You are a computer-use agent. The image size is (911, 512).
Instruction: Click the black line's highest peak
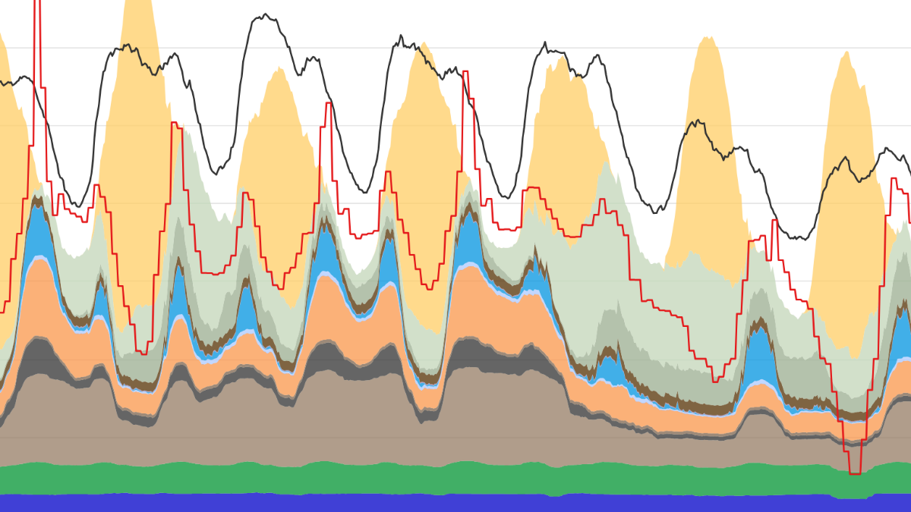coord(263,14)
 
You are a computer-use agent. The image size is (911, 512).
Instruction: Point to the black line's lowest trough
coord(797,238)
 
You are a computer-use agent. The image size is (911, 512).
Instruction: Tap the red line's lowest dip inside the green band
coord(855,473)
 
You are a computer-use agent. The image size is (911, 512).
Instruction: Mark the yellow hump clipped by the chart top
coord(138,4)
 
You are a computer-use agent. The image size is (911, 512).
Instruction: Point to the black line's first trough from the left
coord(77,206)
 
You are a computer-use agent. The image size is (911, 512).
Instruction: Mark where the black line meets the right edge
coord(909,163)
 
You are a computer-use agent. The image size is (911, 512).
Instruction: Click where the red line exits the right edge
coord(909,222)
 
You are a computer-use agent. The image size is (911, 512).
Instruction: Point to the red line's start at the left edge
coord(2,312)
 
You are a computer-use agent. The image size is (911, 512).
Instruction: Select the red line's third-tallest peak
coord(328,103)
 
